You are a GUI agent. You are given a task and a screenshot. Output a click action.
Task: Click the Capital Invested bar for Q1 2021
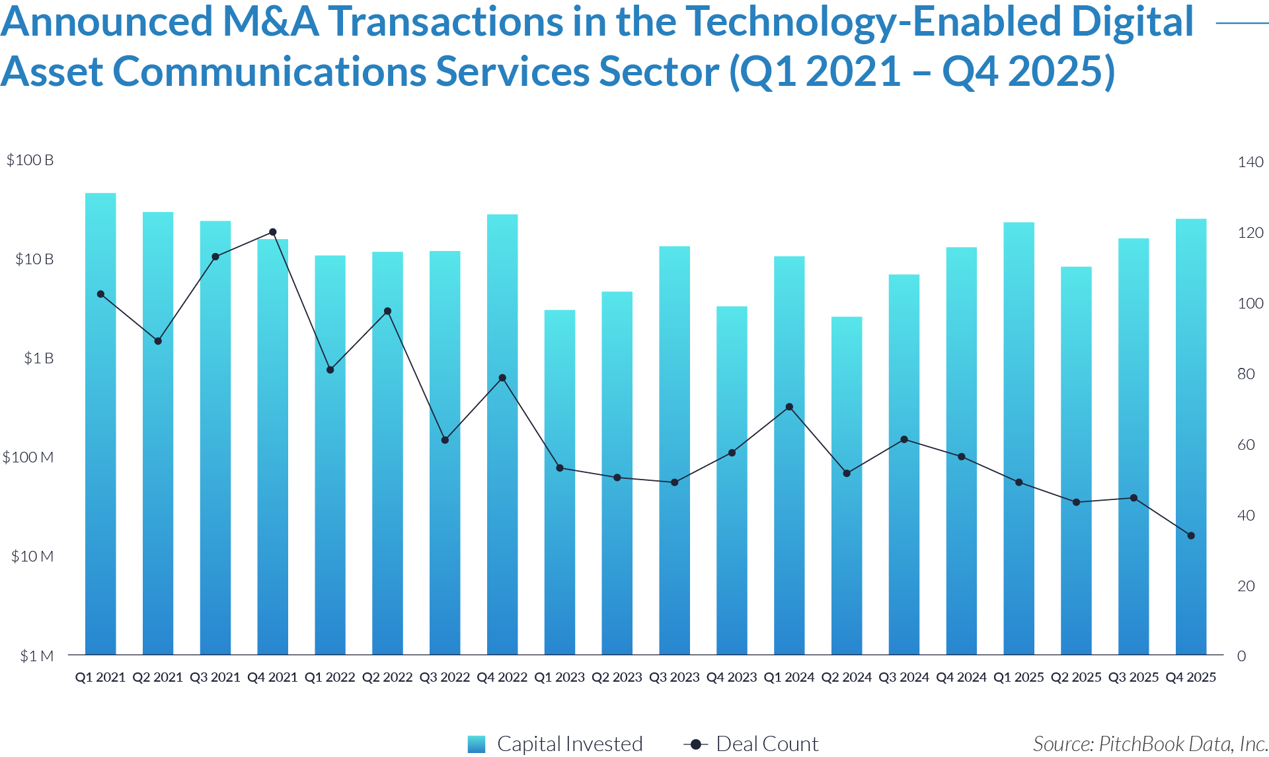click(x=100, y=423)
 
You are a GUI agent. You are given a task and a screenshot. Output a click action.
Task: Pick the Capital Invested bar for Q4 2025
click(x=1191, y=436)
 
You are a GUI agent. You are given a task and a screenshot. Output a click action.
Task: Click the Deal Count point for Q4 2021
click(x=273, y=233)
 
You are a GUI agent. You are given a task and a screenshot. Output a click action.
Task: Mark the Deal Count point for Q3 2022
click(x=445, y=440)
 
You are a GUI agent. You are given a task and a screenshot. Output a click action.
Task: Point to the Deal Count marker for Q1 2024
click(x=789, y=407)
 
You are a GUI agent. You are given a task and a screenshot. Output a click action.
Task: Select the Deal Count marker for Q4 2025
click(x=1191, y=536)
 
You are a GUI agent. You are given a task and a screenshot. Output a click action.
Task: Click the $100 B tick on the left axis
click(x=30, y=161)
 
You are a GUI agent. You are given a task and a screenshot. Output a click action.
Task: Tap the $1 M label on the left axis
click(x=36, y=656)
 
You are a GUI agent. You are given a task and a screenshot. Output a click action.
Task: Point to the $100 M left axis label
click(x=28, y=457)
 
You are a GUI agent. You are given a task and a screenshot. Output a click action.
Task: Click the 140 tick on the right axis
click(x=1250, y=162)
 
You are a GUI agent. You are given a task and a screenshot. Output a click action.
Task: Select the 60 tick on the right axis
click(x=1246, y=445)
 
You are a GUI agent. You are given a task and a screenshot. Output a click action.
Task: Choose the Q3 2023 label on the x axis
click(x=674, y=677)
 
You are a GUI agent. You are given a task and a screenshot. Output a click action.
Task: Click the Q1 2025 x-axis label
click(x=1019, y=677)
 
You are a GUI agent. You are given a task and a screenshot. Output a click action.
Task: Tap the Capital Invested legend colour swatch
click(x=477, y=744)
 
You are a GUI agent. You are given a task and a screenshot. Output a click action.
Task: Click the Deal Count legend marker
click(x=695, y=744)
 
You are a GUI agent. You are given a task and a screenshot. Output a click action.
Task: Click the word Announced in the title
click(x=106, y=21)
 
